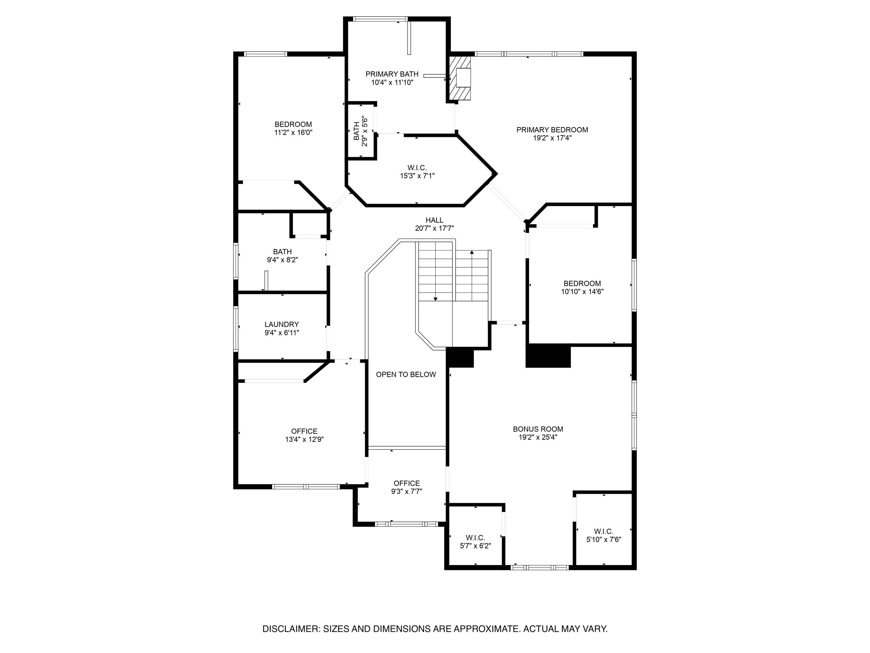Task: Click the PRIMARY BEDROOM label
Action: [x=552, y=130]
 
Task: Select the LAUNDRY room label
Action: [x=282, y=324]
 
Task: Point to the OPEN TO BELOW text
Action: [x=406, y=374]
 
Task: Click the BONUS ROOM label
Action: [x=538, y=429]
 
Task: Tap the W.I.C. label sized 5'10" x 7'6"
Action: [x=603, y=531]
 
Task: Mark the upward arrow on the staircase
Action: [x=472, y=253]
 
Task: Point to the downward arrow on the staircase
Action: [x=435, y=299]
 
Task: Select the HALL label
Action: [x=434, y=220]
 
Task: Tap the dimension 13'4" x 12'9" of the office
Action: [x=304, y=440]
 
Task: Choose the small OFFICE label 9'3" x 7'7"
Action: [x=406, y=483]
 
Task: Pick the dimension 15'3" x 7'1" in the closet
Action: [x=417, y=176]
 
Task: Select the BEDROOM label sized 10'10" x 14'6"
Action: [x=582, y=283]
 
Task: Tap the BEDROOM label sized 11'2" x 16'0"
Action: [x=293, y=125]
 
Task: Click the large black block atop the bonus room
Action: [x=548, y=356]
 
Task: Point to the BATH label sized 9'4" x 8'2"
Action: [x=282, y=252]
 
